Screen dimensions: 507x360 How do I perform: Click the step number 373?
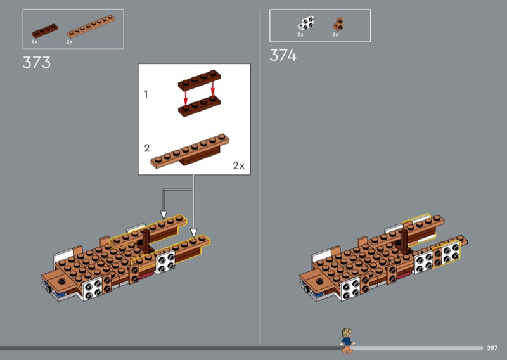click(x=37, y=62)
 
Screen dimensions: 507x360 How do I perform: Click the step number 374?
click(x=283, y=55)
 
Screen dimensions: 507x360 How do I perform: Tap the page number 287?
click(x=492, y=348)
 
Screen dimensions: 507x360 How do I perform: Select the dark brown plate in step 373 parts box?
click(x=45, y=30)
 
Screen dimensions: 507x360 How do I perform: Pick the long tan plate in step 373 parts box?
click(x=91, y=26)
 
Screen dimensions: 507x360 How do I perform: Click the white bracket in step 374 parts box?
click(x=306, y=23)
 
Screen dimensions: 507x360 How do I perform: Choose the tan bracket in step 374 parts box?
click(x=338, y=24)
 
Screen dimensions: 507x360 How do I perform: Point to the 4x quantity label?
click(x=34, y=42)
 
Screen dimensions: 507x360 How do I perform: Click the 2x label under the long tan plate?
click(x=70, y=42)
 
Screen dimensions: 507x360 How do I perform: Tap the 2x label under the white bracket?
click(x=300, y=35)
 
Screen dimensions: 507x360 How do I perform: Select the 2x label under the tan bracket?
click(x=335, y=35)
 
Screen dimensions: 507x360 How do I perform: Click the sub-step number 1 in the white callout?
click(x=146, y=94)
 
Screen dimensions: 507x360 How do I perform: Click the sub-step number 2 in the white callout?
click(x=147, y=148)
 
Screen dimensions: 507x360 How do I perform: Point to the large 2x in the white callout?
click(x=239, y=165)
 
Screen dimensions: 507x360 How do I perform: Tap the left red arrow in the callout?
click(x=186, y=97)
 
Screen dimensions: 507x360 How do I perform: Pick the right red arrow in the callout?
click(x=213, y=89)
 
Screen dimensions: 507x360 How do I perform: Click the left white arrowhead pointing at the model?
click(x=164, y=215)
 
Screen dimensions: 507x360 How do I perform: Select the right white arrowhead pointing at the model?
click(x=193, y=233)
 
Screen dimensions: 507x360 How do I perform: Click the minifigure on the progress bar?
click(x=347, y=340)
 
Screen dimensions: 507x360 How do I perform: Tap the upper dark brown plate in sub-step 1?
click(x=199, y=80)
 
